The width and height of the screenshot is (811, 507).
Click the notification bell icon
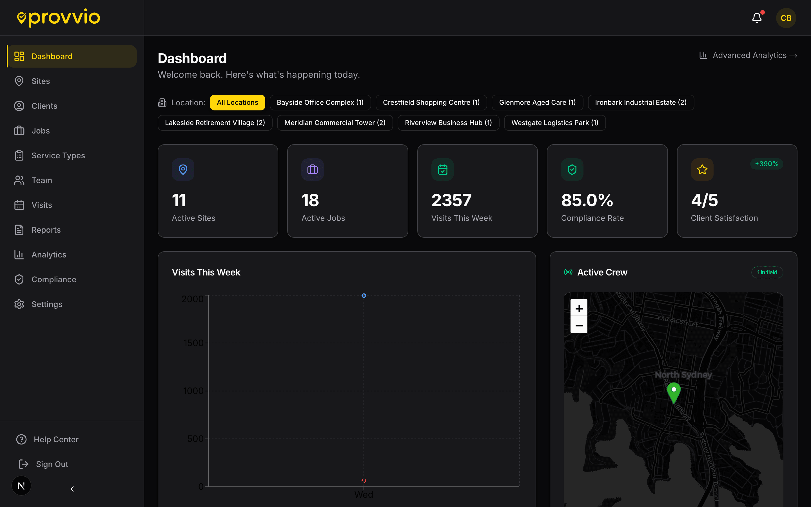tap(757, 18)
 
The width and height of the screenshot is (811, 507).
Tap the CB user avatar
tap(786, 18)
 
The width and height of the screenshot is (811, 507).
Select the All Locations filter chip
tap(237, 103)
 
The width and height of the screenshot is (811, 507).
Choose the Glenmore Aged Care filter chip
tap(537, 103)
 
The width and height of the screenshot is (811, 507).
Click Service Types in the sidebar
tap(58, 155)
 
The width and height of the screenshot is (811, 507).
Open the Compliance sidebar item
tap(54, 279)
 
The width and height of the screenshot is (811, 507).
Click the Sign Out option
tap(52, 464)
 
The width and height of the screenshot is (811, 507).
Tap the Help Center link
tap(56, 439)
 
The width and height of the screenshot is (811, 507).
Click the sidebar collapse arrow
tap(72, 489)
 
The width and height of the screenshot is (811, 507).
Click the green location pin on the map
tap(674, 392)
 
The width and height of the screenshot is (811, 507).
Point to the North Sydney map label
tap(683, 375)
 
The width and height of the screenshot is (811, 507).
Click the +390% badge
tap(767, 164)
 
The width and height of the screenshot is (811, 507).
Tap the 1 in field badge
tap(767, 272)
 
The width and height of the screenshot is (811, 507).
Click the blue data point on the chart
tap(364, 295)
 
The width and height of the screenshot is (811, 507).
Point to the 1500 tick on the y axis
tap(193, 343)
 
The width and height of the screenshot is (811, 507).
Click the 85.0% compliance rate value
tap(587, 200)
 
